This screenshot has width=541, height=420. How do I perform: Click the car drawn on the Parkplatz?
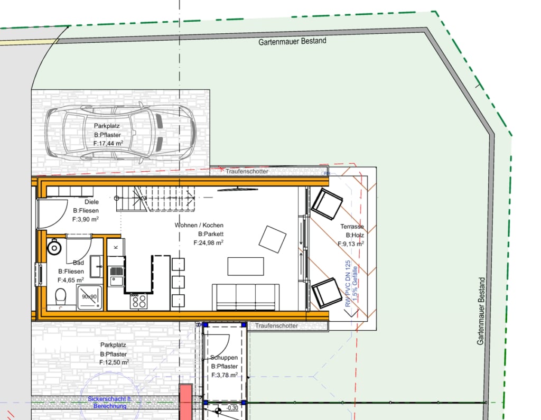pyautogui.click(x=120, y=133)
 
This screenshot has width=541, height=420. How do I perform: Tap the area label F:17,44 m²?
pyautogui.click(x=108, y=143)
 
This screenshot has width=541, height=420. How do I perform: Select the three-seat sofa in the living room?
pyautogui.click(x=246, y=297)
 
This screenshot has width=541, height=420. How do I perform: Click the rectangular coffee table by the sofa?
pyautogui.click(x=246, y=266)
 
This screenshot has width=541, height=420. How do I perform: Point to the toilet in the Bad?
pyautogui.click(x=61, y=296)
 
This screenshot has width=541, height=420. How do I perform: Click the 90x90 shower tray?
pyautogui.click(x=89, y=297)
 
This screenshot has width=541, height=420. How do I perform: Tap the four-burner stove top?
pyautogui.click(x=139, y=301)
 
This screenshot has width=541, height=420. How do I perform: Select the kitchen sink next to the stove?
pyautogui.click(x=117, y=276)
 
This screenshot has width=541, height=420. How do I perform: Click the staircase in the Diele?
pyautogui.click(x=156, y=199)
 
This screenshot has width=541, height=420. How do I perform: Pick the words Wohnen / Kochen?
pyautogui.click(x=199, y=225)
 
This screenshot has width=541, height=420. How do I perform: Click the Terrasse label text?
pyautogui.click(x=352, y=227)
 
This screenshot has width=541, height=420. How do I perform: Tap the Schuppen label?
pyautogui.click(x=224, y=358)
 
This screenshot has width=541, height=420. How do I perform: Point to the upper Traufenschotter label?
pyautogui.click(x=247, y=171)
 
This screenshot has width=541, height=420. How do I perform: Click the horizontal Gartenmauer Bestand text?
pyautogui.click(x=292, y=41)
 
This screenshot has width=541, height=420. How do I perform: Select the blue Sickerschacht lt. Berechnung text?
pyautogui.click(x=110, y=403)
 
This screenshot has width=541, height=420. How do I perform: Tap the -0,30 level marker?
pyautogui.click(x=232, y=407)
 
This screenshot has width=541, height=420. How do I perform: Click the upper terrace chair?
pyautogui.click(x=327, y=203)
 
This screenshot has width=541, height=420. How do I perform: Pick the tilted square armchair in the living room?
pyautogui.click(x=273, y=239)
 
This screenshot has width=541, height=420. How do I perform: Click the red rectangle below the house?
pyautogui.click(x=186, y=402)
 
